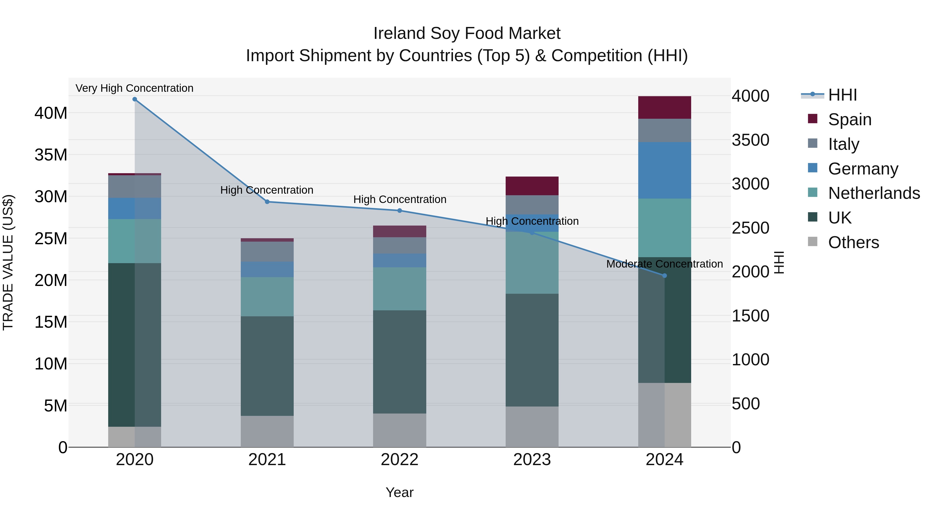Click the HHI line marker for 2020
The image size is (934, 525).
click(134, 99)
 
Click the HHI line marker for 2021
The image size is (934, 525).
click(267, 202)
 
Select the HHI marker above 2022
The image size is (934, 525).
click(400, 211)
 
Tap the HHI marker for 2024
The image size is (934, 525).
click(665, 276)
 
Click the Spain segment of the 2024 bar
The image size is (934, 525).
click(665, 108)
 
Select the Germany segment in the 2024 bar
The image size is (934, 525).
click(665, 170)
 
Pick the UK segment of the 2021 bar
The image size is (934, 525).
click(267, 366)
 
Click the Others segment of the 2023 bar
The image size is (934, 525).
click(532, 427)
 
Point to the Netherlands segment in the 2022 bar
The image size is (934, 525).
click(400, 289)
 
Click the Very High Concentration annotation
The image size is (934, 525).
click(134, 88)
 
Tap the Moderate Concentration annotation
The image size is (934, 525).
click(665, 264)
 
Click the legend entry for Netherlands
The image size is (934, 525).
click(874, 193)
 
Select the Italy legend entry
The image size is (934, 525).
click(843, 144)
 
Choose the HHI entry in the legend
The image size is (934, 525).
click(842, 95)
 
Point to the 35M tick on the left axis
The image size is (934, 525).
click(51, 155)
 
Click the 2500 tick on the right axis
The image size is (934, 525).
click(750, 228)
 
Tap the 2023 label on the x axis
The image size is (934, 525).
click(532, 460)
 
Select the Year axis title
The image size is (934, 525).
click(400, 492)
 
